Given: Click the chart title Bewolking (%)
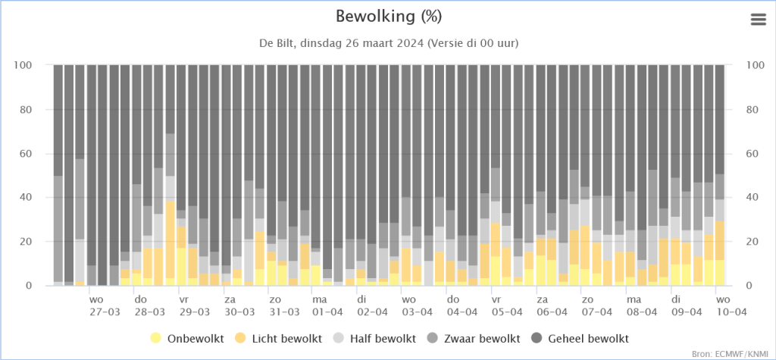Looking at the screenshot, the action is [x=389, y=17].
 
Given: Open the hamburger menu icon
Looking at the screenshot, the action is [x=758, y=19].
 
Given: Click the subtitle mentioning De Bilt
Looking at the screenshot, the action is [x=389, y=43].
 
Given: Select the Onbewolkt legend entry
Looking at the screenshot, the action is [x=187, y=339].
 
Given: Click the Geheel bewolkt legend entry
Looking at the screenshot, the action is [x=581, y=339].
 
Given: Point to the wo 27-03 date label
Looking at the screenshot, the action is [x=105, y=306].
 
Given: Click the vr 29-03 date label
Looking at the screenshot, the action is [x=194, y=306].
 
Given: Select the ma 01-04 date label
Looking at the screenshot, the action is [x=327, y=306].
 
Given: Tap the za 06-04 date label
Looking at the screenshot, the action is [x=552, y=306].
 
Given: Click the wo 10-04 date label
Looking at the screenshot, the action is [x=731, y=306].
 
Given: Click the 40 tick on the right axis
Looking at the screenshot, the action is [x=751, y=198].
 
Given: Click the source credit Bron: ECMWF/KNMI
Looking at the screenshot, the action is [x=732, y=354].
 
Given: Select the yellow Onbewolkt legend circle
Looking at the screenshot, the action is [x=156, y=339].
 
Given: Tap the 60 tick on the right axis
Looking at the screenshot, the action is [x=751, y=154].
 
